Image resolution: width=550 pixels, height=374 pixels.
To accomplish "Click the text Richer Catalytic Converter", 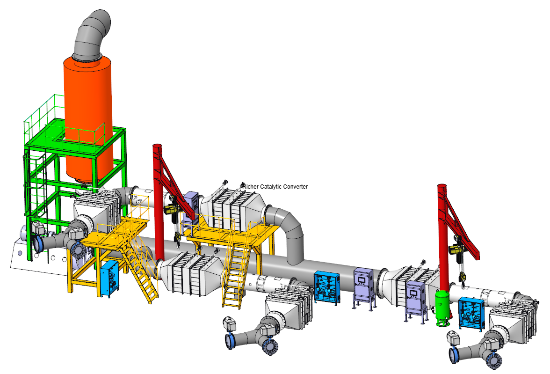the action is (x=275, y=186).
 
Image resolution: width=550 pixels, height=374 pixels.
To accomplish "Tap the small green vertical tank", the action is (x=442, y=308).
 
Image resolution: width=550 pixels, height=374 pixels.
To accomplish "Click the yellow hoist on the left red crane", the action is (x=170, y=210).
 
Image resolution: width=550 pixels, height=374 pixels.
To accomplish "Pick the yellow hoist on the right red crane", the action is (x=456, y=249).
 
